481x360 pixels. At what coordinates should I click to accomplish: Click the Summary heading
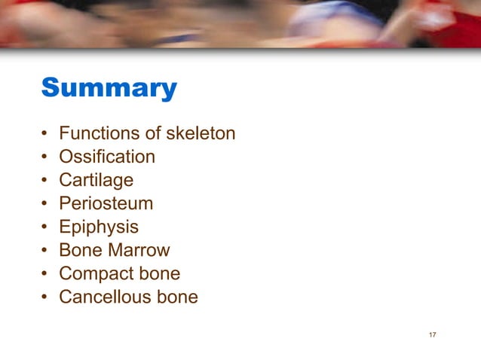[x=109, y=88]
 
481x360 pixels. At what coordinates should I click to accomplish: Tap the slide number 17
[x=432, y=334]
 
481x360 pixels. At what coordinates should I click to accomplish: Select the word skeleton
[x=201, y=133]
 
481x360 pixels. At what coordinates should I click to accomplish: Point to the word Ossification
[x=107, y=157]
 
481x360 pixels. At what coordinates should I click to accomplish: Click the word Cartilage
[x=96, y=180]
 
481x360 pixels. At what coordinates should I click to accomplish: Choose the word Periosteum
[x=106, y=203]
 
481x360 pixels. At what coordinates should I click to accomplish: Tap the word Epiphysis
[x=98, y=227]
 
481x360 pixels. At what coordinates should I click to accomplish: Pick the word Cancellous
[x=105, y=297]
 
